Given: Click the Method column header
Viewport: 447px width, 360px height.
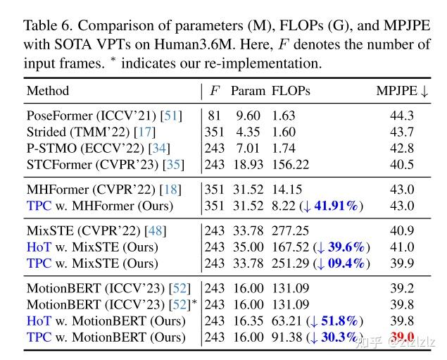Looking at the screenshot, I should (47, 92).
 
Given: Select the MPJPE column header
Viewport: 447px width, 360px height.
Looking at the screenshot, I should (402, 92).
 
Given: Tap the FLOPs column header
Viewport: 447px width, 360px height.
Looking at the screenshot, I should (291, 92).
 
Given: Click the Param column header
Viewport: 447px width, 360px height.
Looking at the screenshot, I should (248, 92).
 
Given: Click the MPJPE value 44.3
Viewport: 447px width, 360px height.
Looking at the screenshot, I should (402, 116).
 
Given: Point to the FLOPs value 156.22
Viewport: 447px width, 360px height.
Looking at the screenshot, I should (295, 165).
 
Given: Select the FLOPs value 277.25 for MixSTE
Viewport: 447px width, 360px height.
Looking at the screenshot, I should (295, 231).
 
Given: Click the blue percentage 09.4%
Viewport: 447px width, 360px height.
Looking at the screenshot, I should (343, 264).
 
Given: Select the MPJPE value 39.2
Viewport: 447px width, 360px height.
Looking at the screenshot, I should (402, 288).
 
